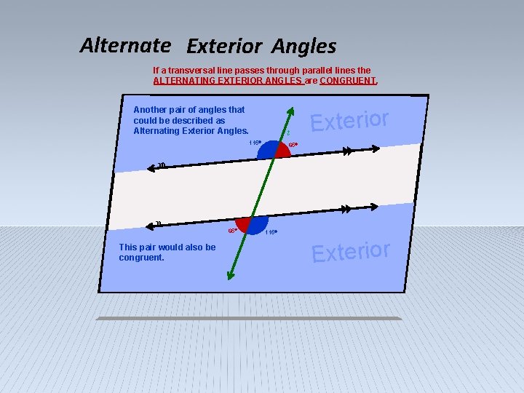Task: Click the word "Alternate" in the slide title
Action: [125, 45]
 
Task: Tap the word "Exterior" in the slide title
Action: [223, 47]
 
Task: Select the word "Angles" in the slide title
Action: [304, 47]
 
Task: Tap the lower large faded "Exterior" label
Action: [351, 250]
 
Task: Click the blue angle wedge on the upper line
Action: [269, 150]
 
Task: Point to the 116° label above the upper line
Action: [255, 143]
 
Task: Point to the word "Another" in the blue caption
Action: [151, 110]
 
